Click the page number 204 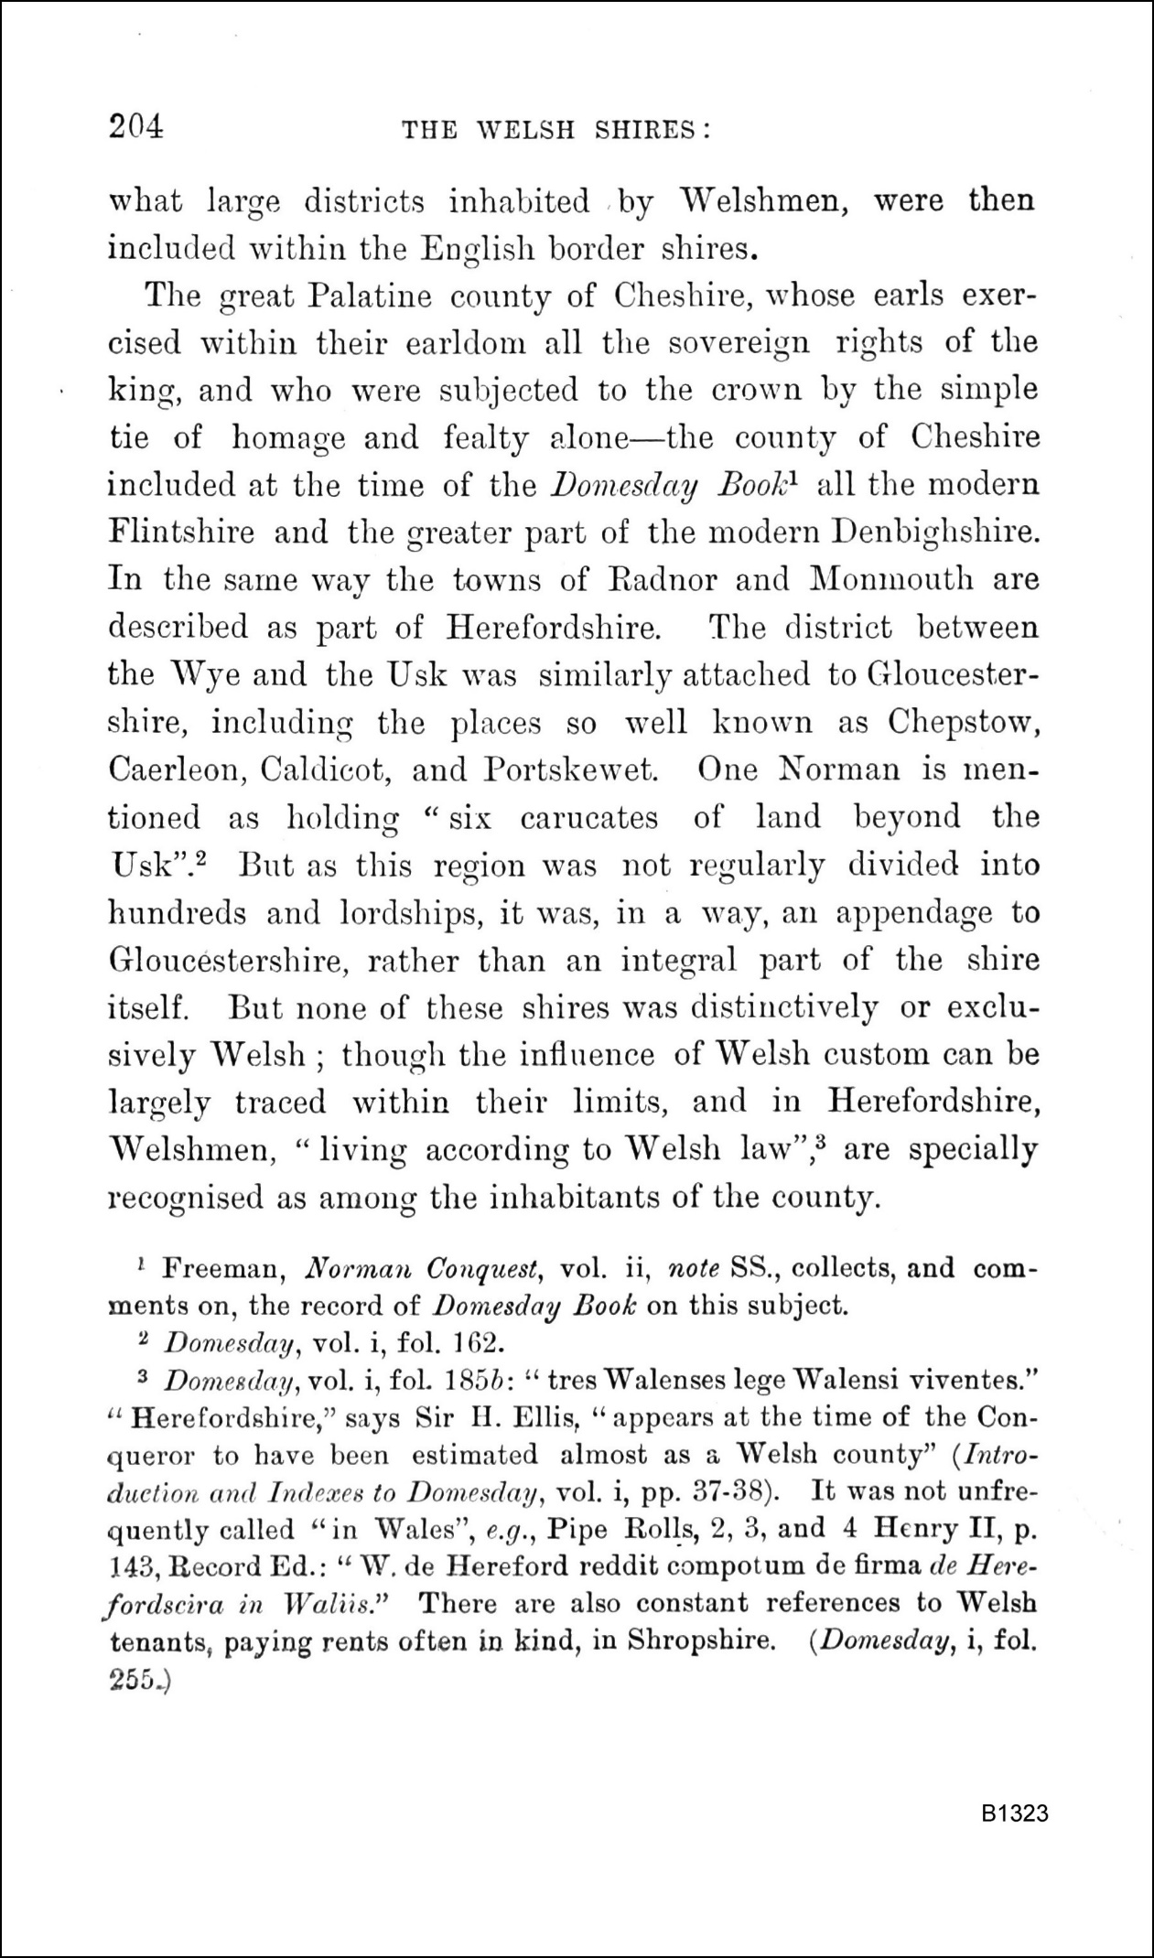tap(135, 126)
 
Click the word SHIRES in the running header tap(652, 131)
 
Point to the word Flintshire tap(181, 532)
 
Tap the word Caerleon tap(174, 770)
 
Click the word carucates tap(588, 818)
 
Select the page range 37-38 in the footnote tap(737, 1492)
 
